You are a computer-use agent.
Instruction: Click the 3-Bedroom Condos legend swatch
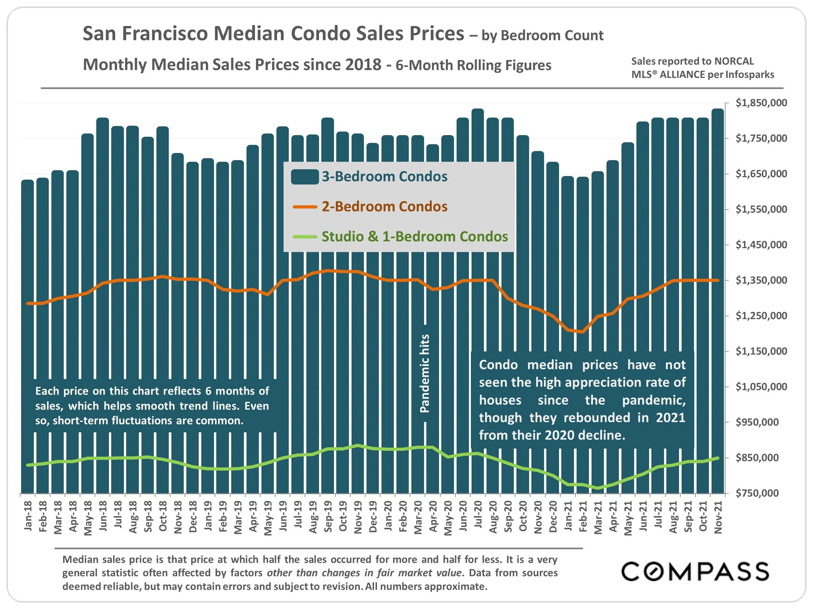point(305,177)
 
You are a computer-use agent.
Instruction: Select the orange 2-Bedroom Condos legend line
point(305,207)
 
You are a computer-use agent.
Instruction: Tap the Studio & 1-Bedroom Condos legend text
point(415,237)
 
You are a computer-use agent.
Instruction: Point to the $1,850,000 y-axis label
point(761,103)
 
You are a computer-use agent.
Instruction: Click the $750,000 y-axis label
point(757,493)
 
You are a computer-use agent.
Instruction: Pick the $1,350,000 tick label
point(761,280)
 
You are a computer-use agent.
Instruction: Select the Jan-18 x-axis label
point(28,516)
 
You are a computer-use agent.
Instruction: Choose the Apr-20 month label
point(433,516)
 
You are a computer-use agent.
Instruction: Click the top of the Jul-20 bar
point(478,110)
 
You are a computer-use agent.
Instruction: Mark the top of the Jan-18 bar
point(28,181)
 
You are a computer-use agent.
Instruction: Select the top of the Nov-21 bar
point(718,110)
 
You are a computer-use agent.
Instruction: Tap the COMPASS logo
point(695,572)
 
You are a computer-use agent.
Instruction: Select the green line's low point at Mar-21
point(598,488)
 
